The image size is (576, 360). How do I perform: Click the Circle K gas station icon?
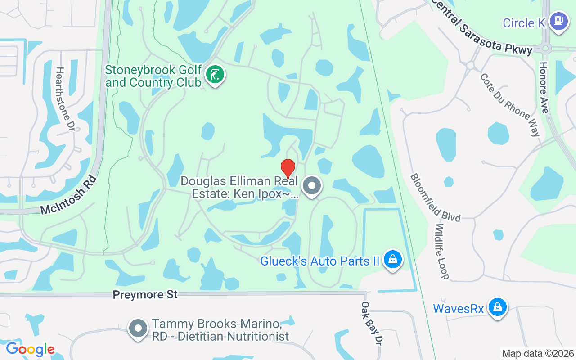click(559, 21)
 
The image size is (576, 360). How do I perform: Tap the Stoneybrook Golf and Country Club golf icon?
click(215, 75)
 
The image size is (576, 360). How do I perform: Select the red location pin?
click(288, 168)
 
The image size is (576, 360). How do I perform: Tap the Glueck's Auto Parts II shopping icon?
click(393, 260)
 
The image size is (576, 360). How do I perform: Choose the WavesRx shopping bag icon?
click(497, 307)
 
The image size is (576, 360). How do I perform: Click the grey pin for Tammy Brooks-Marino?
click(138, 329)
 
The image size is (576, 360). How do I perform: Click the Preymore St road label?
click(145, 295)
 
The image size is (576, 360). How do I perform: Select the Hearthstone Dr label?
click(65, 99)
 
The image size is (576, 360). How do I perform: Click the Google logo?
click(30, 349)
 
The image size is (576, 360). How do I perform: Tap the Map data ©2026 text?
click(538, 354)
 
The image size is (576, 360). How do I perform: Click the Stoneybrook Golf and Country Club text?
click(153, 76)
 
